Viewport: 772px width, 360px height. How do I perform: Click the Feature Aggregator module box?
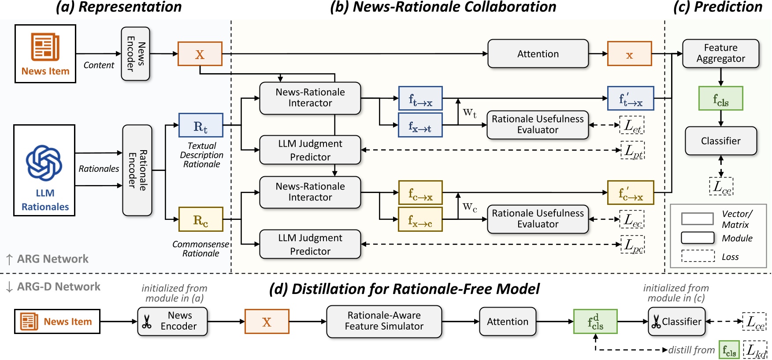pyautogui.click(x=720, y=53)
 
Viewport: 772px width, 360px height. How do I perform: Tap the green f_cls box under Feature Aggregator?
pyautogui.click(x=720, y=98)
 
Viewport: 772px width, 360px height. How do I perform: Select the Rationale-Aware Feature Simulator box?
pyautogui.click(x=384, y=321)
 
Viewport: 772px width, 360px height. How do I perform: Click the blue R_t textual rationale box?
pyautogui.click(x=200, y=125)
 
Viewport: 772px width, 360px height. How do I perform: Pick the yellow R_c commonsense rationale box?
pyautogui.click(x=200, y=219)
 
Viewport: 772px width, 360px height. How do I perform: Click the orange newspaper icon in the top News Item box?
pyautogui.click(x=45, y=47)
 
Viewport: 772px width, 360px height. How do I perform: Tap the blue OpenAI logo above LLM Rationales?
pyautogui.click(x=44, y=163)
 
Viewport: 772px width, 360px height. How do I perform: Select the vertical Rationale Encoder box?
pyautogui.click(x=137, y=170)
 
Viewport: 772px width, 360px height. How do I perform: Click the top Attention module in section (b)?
pyautogui.click(x=538, y=54)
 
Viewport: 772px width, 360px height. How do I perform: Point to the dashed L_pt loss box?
pyautogui.click(x=633, y=150)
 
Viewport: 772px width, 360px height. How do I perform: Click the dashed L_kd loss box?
pyautogui.click(x=755, y=350)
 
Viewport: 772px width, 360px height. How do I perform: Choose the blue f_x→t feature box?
pyautogui.click(x=420, y=125)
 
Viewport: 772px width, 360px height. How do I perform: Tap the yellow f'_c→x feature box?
pyautogui.click(x=630, y=193)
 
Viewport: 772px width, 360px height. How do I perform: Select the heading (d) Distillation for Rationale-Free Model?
pyautogui.click(x=404, y=289)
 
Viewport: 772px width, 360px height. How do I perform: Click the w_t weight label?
pyautogui.click(x=470, y=113)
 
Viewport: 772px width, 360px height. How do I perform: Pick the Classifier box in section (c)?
pyautogui.click(x=720, y=141)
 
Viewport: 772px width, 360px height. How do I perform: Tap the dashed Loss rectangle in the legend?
pyautogui.click(x=698, y=256)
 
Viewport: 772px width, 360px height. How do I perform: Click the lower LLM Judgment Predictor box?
pyautogui.click(x=310, y=244)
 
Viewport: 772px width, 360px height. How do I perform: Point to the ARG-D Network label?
pyautogui.click(x=58, y=287)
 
